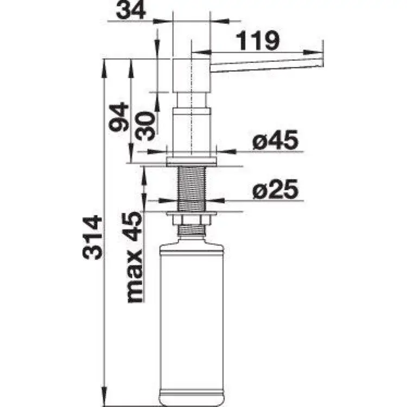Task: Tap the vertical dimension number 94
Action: [x=118, y=117]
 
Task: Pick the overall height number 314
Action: [x=93, y=238]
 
